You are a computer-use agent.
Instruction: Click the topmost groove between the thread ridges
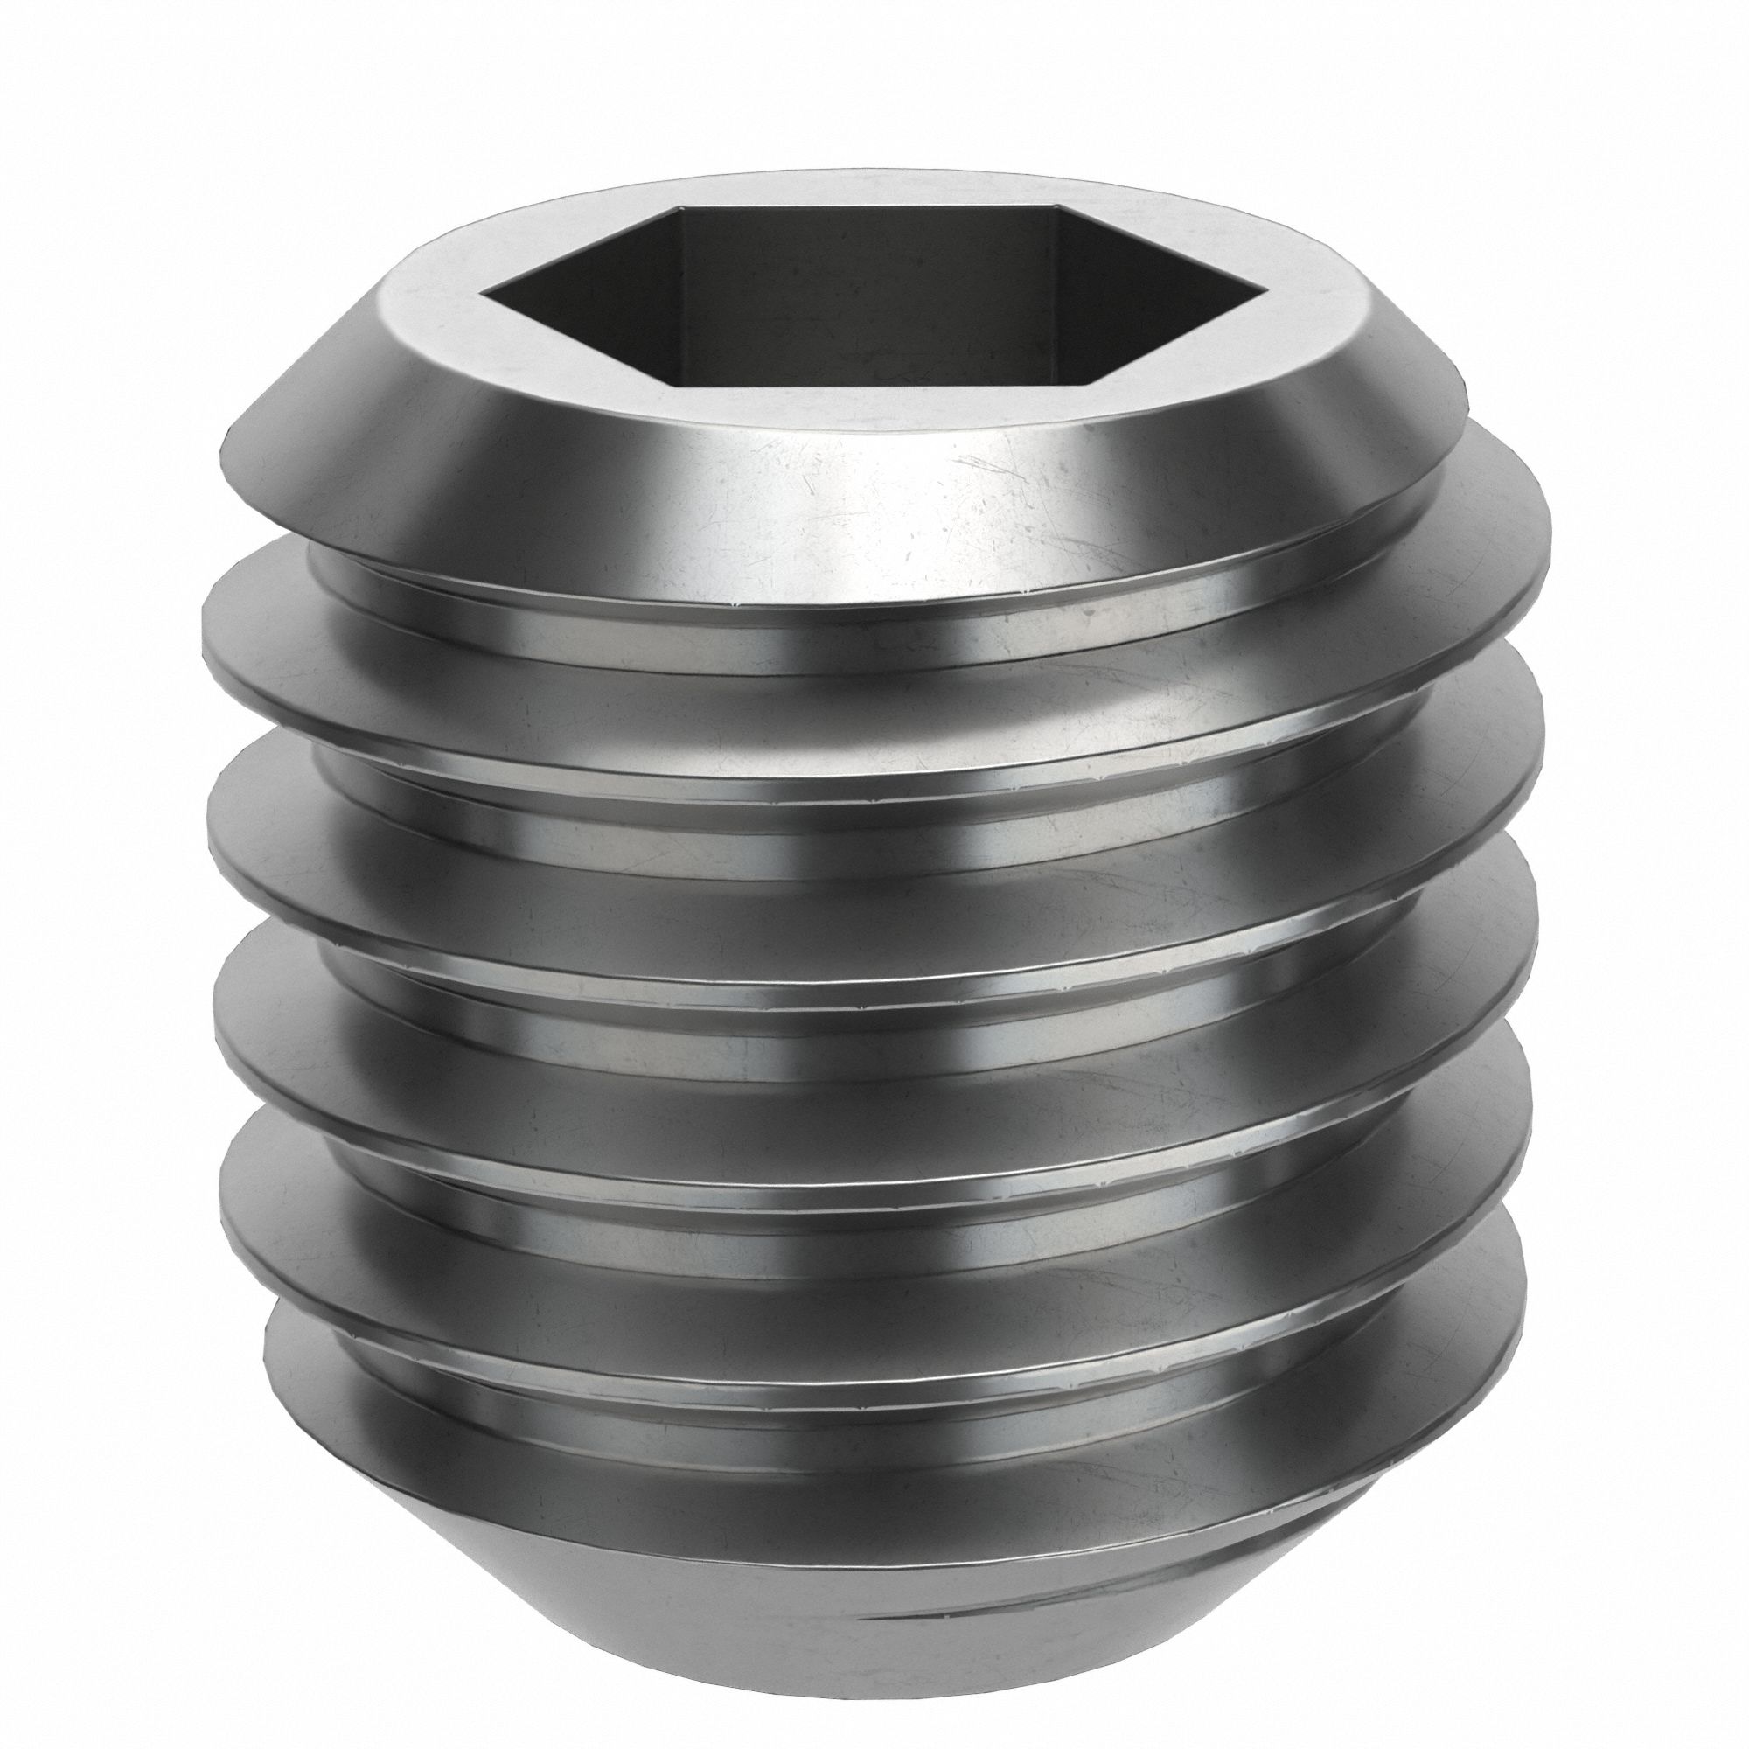coord(869,647)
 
